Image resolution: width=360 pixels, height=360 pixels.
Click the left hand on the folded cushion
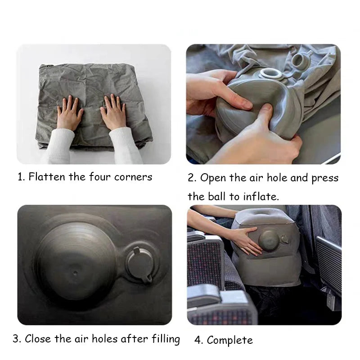tap(70, 113)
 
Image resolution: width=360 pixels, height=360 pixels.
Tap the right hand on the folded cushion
tap(113, 112)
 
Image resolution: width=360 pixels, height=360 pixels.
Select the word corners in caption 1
tap(133, 177)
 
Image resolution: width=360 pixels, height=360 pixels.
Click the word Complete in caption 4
tap(229, 340)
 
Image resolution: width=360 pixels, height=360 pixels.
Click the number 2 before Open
tap(191, 178)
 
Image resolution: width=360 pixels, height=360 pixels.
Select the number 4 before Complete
tap(198, 340)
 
